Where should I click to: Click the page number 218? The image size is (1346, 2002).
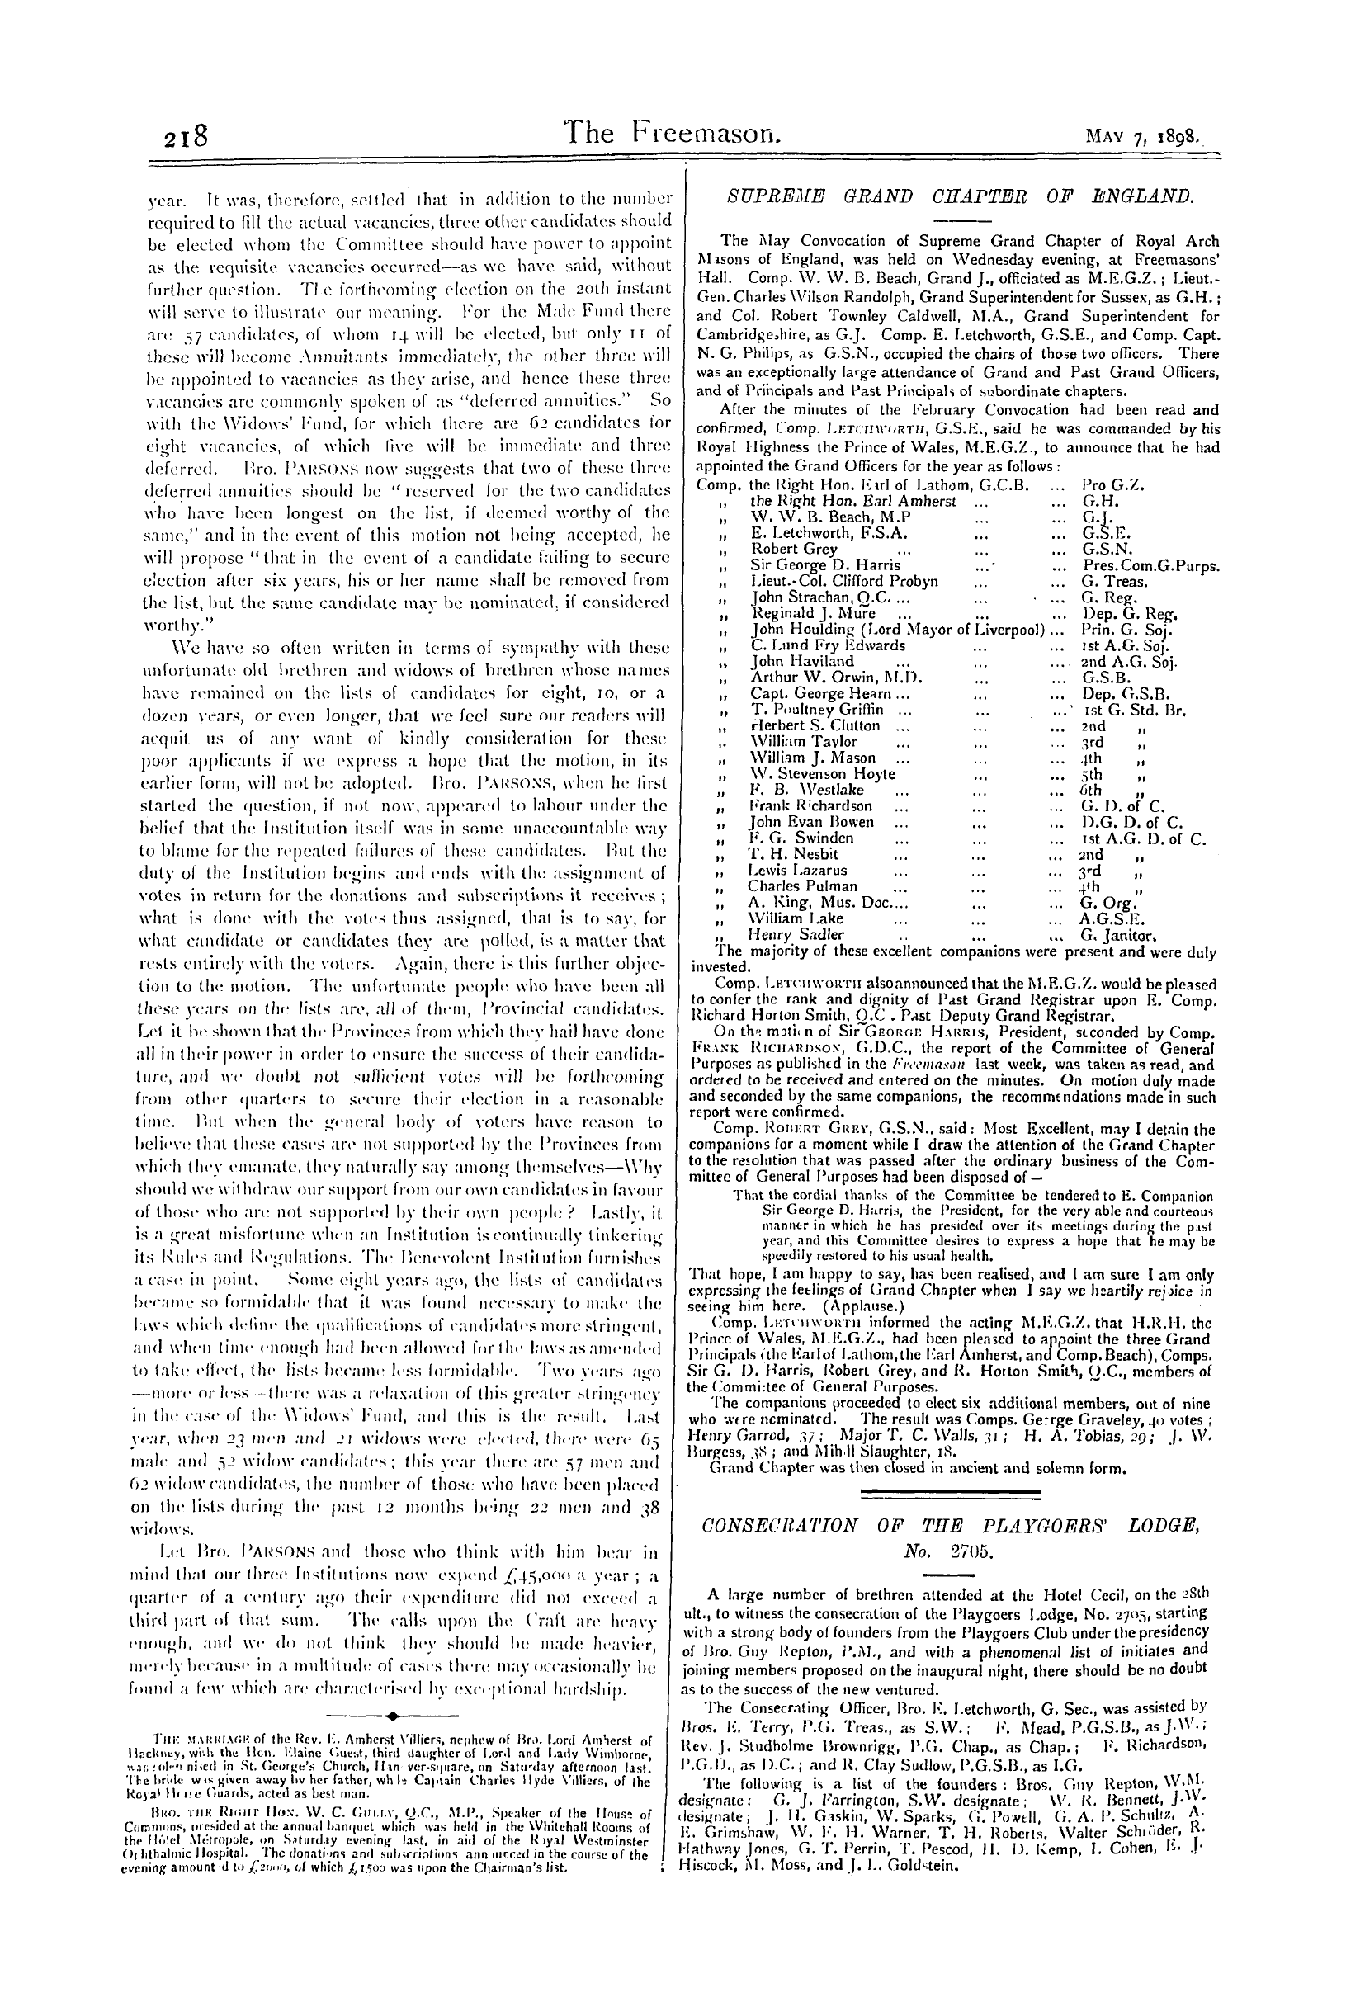click(x=187, y=137)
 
